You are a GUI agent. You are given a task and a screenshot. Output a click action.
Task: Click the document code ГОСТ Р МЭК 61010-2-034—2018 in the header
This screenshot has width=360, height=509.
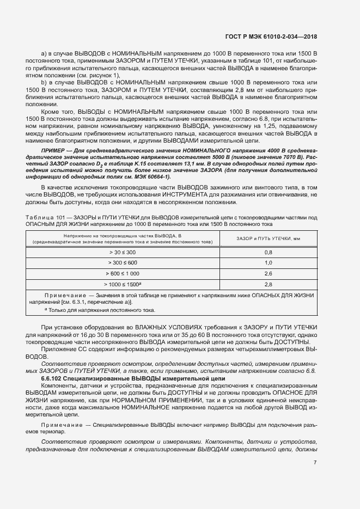tap(271, 36)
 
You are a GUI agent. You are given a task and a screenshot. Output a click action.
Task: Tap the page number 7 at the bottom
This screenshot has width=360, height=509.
tap(315, 463)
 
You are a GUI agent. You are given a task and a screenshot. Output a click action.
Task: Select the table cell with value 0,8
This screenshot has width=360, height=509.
tap(268, 253)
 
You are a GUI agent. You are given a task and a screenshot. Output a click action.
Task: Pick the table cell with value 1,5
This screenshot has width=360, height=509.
tap(268, 263)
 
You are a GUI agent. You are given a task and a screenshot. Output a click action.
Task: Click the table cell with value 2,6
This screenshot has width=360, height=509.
tap(268, 273)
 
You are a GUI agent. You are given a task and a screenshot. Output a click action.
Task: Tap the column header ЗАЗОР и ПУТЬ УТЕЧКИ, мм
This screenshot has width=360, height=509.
tap(268, 238)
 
